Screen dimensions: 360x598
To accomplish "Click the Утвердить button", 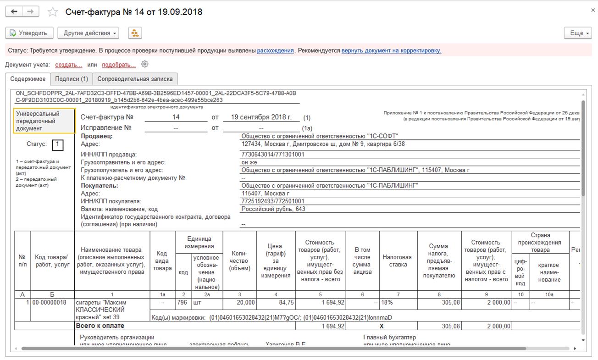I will coord(29,33).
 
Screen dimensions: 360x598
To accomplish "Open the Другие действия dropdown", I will coord(89,33).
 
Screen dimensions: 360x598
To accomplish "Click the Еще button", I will coord(578,33).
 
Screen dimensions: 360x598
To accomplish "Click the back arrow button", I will coord(14,11).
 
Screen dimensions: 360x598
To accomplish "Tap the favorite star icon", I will coord(53,12).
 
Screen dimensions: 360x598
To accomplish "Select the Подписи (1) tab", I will coord(72,79).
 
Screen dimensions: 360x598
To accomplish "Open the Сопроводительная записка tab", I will coord(135,79).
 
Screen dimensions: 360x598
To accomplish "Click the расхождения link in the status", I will coord(275,50).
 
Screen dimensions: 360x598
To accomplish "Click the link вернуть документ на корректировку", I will coord(391,50).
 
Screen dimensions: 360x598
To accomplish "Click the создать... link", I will coord(69,65).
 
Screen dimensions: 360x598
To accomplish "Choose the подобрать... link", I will coord(119,65).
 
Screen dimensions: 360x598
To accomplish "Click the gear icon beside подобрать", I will coord(145,64).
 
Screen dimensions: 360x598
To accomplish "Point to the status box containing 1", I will coord(58,145).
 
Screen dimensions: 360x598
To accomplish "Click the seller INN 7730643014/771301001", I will coord(272,155).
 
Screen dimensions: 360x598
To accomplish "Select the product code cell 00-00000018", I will coord(49,303).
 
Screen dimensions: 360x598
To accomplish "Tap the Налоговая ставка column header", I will coord(398,260).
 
